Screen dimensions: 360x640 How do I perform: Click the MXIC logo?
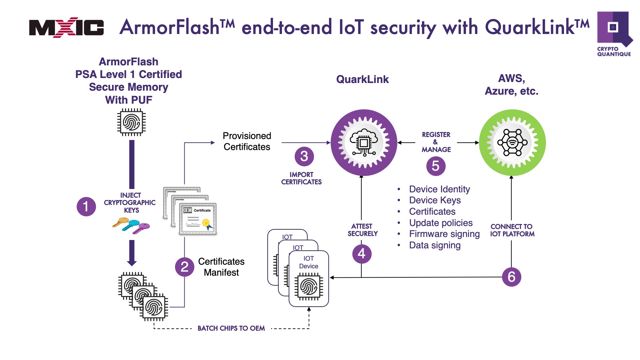[x=66, y=27]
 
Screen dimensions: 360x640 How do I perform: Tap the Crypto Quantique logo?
[x=614, y=34]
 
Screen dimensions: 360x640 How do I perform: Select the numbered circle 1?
[x=86, y=207]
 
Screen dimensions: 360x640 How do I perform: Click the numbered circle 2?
[x=184, y=267]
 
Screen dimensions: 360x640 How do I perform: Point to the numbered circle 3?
[x=304, y=156]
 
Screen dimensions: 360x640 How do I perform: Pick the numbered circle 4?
[x=362, y=254]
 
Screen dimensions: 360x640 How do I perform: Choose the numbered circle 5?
[x=436, y=166]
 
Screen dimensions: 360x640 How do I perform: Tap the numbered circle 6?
[x=511, y=277]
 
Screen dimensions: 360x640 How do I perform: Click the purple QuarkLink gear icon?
[x=364, y=143]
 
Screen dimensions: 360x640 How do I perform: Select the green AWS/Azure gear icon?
[x=512, y=143]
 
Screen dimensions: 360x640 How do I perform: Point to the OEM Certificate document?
[x=197, y=219]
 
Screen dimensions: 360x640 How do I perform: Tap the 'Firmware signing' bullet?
[x=444, y=234]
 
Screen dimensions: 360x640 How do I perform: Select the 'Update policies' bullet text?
[x=441, y=223]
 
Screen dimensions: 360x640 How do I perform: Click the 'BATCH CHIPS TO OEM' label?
[x=231, y=328]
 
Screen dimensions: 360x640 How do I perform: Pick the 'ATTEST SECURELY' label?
[x=362, y=230]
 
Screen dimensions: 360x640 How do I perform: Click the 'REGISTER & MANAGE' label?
[x=436, y=142]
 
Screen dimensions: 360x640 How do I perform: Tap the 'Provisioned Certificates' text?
[x=247, y=141]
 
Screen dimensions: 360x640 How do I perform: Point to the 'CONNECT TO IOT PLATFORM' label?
[x=512, y=230]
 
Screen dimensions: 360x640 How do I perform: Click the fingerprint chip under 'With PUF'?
[x=131, y=123]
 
